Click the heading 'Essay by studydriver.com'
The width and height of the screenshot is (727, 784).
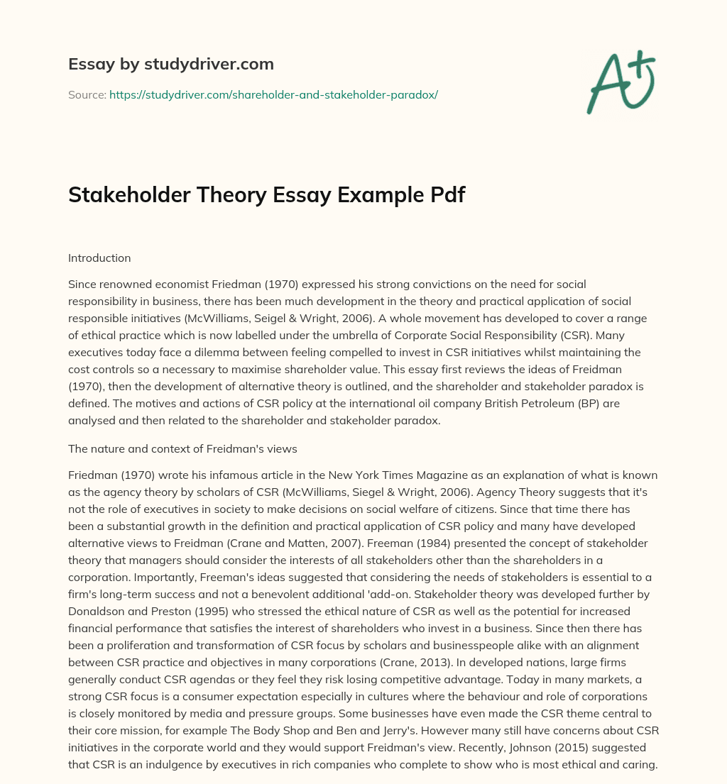click(170, 64)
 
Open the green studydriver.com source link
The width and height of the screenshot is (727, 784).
click(273, 94)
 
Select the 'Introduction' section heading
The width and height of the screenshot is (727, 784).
click(99, 258)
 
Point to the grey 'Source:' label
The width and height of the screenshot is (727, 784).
click(87, 94)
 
